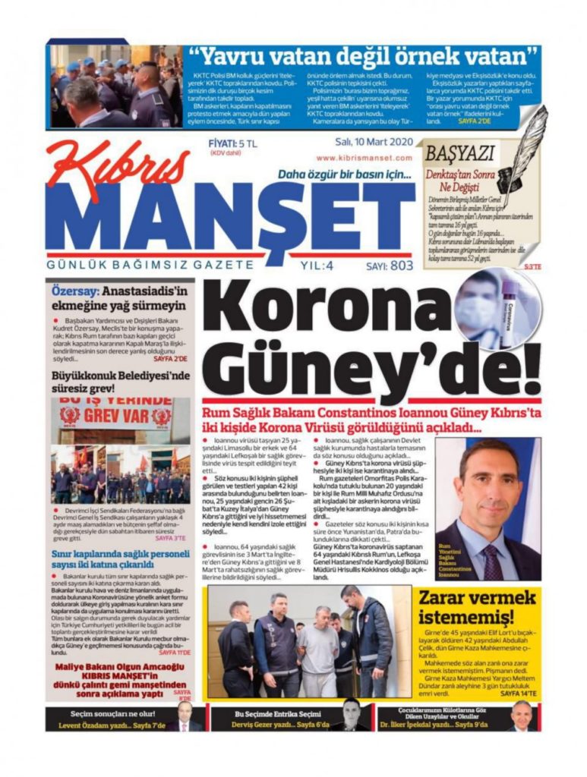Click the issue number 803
[x=402, y=266]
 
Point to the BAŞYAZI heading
[x=459, y=153]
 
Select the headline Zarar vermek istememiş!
[x=478, y=607]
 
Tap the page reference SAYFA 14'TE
[x=519, y=694]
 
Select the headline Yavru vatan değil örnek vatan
[x=364, y=56]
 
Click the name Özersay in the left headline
[x=74, y=291]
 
